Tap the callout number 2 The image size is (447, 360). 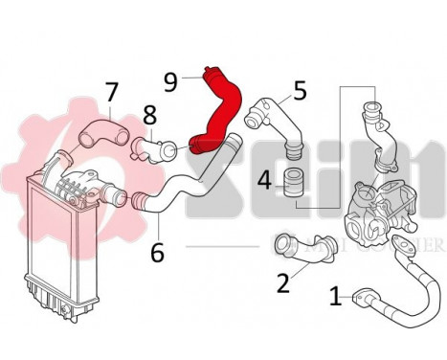point(282,282)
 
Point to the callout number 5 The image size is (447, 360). point(300,92)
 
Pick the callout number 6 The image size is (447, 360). point(158,252)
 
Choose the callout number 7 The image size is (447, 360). point(112,93)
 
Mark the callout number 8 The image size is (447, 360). point(149,117)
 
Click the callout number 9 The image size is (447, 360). point(171,82)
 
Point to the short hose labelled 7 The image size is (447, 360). point(100,131)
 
